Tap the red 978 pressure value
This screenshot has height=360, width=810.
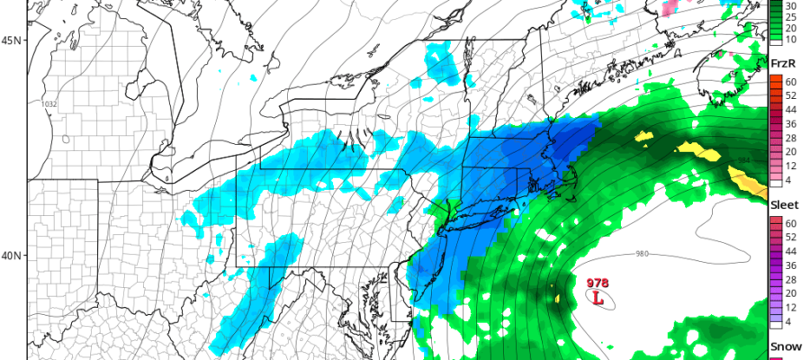click(597, 283)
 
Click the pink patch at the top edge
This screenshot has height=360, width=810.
click(669, 8)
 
